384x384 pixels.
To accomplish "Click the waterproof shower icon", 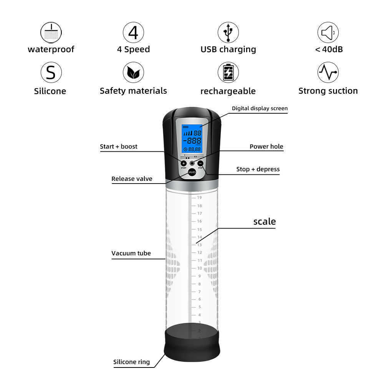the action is [x=51, y=33].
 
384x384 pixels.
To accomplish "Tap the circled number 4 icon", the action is [x=133, y=32].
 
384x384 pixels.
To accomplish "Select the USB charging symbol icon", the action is [x=228, y=32].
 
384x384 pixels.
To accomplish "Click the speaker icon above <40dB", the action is [x=328, y=32].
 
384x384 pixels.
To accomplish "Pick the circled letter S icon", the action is [x=51, y=73].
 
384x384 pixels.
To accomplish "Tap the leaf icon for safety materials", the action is [x=133, y=73].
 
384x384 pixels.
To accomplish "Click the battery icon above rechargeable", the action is [x=228, y=73].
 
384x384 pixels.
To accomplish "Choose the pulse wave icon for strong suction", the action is [x=328, y=73].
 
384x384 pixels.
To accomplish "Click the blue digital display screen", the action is [x=192, y=139].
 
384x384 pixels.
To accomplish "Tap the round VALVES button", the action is [x=192, y=172].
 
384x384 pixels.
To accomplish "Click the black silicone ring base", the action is [x=192, y=343].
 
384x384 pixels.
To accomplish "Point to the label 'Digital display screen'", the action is [x=260, y=109].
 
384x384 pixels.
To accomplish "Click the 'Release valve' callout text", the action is [x=132, y=179].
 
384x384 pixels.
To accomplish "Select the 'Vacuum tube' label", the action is [x=131, y=253].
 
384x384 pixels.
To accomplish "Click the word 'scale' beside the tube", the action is [x=265, y=222].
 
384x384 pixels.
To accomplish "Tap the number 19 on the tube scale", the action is [x=199, y=198].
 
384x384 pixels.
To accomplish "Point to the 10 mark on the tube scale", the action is [x=200, y=268].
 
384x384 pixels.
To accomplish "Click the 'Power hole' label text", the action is [x=266, y=146].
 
